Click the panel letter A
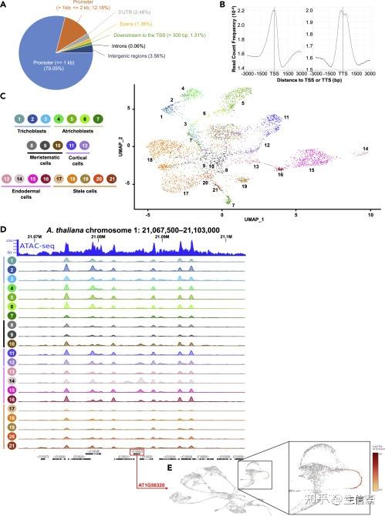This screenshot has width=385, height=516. click(5, 5)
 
